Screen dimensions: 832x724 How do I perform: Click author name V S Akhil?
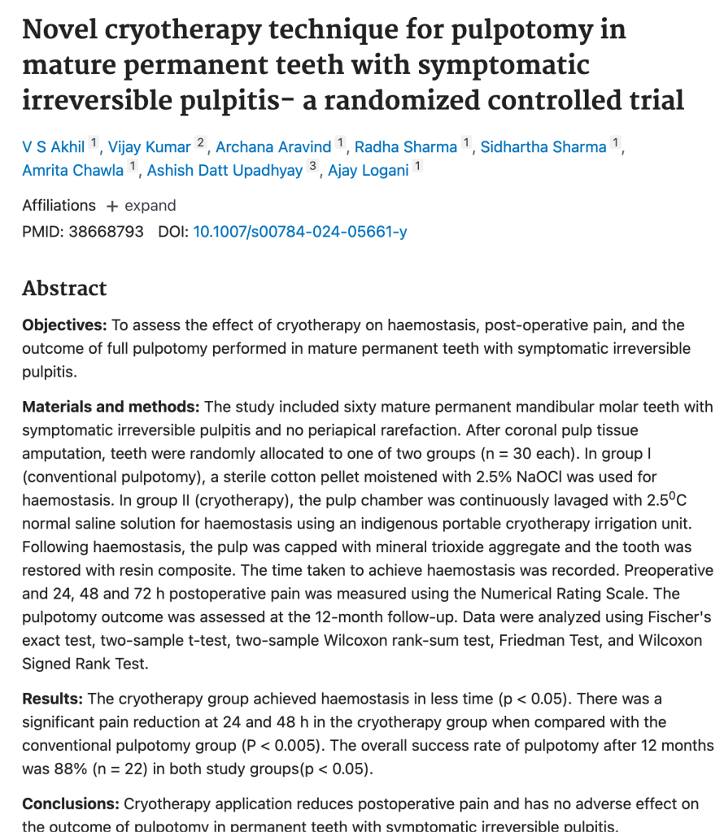point(55,147)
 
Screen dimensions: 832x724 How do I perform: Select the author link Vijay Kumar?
point(150,147)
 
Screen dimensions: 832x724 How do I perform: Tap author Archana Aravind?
point(273,147)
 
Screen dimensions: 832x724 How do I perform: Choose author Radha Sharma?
point(406,147)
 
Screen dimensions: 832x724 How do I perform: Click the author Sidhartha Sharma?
point(543,147)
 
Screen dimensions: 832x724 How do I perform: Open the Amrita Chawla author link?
point(73,171)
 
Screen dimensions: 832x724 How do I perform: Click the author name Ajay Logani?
point(368,171)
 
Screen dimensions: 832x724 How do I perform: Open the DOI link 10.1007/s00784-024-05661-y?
point(300,232)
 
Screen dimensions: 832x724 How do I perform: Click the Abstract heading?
point(64,289)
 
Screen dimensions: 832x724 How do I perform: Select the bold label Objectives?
point(64,325)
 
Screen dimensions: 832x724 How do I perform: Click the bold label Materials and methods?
point(111,407)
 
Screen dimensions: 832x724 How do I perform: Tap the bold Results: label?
point(52,699)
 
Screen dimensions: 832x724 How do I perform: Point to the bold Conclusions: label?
point(71,804)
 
